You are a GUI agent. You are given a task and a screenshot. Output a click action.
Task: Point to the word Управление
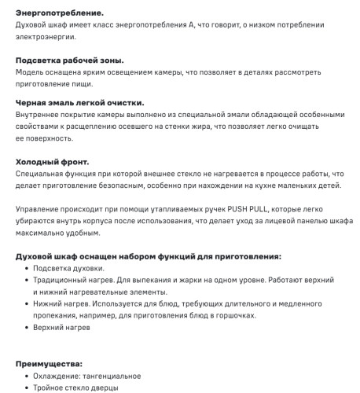click(x=42, y=210)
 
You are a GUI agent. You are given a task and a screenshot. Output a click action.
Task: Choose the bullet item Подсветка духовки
click(x=68, y=269)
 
